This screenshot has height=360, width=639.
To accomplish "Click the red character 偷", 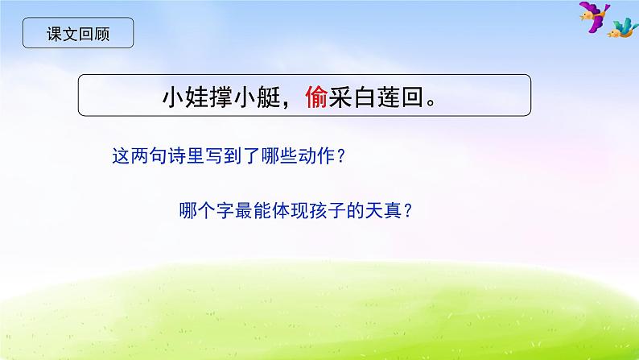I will click(x=315, y=98).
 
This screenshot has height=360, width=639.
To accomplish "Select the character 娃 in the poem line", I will click(x=196, y=98).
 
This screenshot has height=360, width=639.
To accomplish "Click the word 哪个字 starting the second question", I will click(x=204, y=212).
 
